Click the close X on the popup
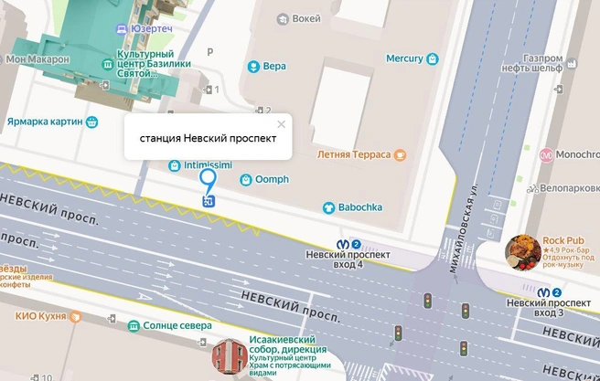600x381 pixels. (281, 124)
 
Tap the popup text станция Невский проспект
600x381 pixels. (208, 140)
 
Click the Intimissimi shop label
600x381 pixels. (208, 164)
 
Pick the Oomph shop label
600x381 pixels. (271, 179)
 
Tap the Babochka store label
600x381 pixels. (359, 207)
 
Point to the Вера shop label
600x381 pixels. (274, 66)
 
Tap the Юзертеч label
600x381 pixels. (152, 29)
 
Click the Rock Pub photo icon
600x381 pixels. (521, 252)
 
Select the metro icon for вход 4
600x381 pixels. (342, 244)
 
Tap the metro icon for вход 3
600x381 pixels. (543, 292)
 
